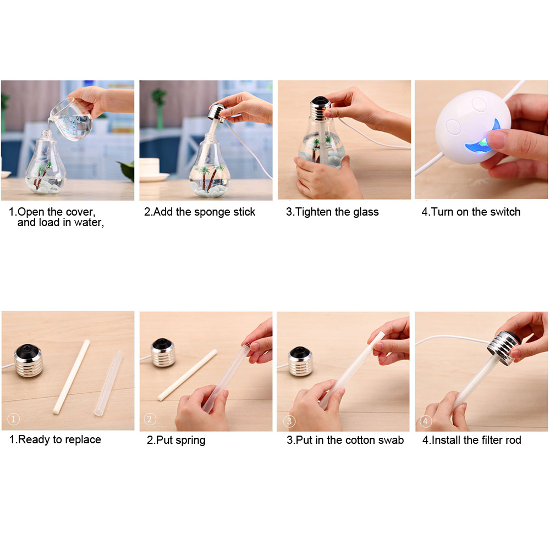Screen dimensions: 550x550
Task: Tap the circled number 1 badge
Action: pyautogui.click(x=14, y=419)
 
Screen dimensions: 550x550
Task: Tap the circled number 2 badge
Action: pyautogui.click(x=150, y=419)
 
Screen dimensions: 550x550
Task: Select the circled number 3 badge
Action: pyautogui.click(x=289, y=421)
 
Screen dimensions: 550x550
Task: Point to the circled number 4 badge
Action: pyautogui.click(x=426, y=421)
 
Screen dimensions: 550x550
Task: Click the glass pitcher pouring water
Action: pyautogui.click(x=72, y=119)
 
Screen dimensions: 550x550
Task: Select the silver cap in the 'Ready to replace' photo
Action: pyautogui.click(x=29, y=361)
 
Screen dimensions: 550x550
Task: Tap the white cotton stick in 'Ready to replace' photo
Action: pyautogui.click(x=71, y=377)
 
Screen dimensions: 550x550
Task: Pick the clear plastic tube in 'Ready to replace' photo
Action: pyautogui.click(x=108, y=383)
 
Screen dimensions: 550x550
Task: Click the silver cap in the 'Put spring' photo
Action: pyautogui.click(x=163, y=353)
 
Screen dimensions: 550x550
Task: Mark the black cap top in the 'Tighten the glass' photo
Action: pyautogui.click(x=320, y=101)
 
